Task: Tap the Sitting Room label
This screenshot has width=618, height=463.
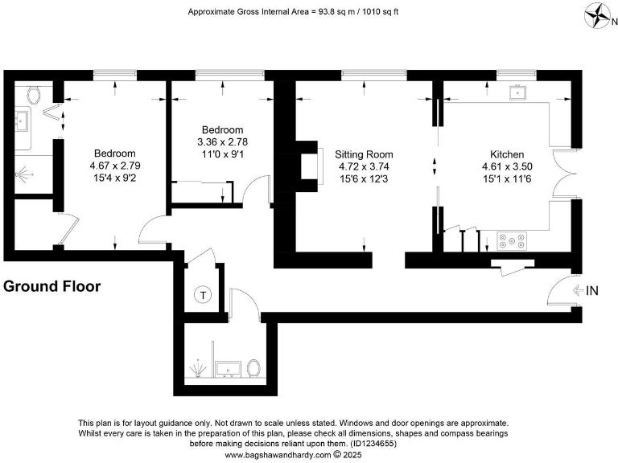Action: [364, 154]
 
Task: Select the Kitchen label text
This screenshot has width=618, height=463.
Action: [507, 154]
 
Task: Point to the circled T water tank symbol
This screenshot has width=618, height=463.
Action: [204, 295]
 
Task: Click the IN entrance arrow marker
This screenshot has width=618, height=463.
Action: [586, 290]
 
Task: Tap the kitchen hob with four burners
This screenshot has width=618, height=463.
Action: [512, 240]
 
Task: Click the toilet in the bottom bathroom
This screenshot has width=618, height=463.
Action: [254, 368]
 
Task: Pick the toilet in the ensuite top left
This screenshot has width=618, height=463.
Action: [34, 95]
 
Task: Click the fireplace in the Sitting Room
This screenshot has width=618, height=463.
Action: [303, 166]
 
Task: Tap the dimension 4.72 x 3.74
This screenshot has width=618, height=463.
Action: [364, 166]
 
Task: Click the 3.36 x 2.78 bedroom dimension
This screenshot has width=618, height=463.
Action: [222, 142]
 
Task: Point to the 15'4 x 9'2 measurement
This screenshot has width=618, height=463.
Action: [114, 178]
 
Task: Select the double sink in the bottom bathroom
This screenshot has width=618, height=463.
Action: [229, 369]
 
